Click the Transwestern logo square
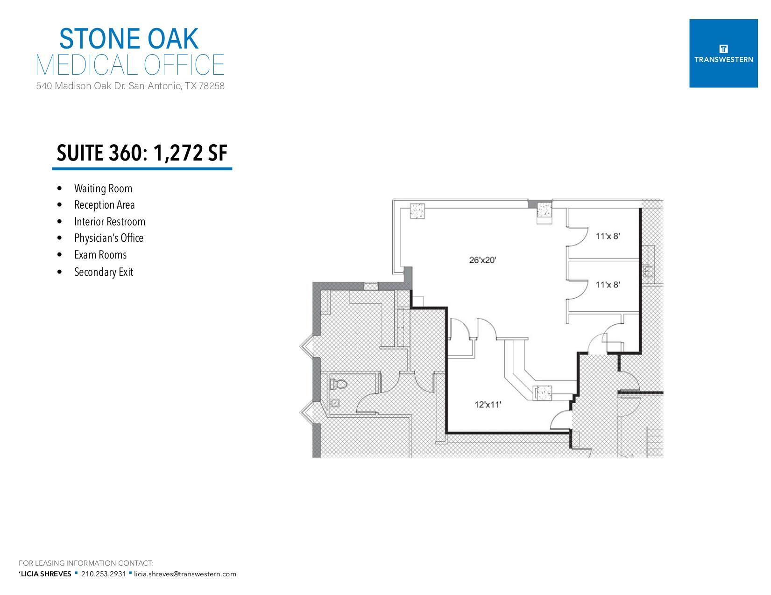[x=723, y=53]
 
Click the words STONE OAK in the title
[x=129, y=39]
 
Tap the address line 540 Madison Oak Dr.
[x=130, y=86]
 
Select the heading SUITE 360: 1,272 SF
[x=141, y=153]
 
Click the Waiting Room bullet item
[x=103, y=189]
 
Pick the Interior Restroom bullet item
[x=110, y=222]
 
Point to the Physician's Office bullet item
[x=109, y=238]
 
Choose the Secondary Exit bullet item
[x=104, y=272]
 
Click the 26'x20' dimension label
[x=482, y=260]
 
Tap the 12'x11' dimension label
[x=488, y=405]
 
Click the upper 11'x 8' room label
[x=608, y=236]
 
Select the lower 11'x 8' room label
[x=608, y=284]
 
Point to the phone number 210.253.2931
[x=103, y=574]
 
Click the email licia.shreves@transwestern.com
[x=185, y=574]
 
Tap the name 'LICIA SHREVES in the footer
[x=45, y=574]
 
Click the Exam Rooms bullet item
[x=100, y=255]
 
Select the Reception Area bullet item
[x=105, y=205]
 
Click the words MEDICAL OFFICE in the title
[x=130, y=65]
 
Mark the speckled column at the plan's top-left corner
[x=417, y=211]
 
